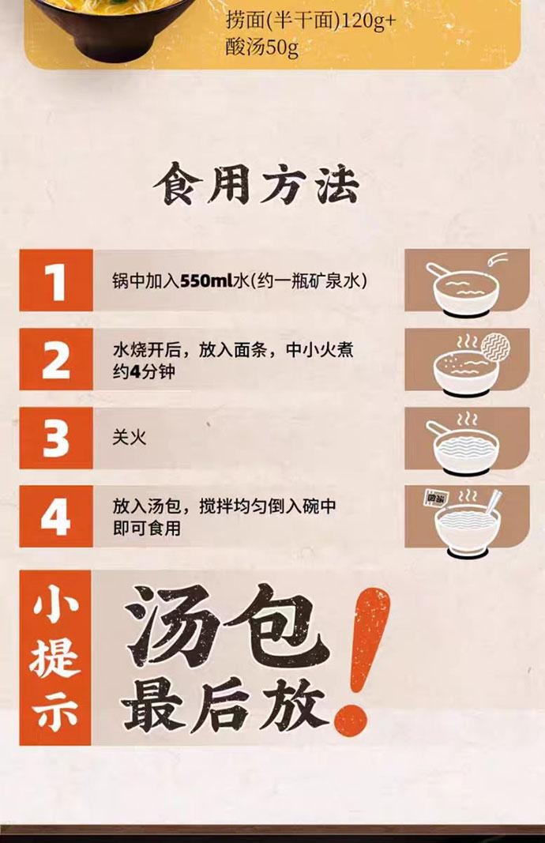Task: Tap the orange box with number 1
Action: [x=56, y=280]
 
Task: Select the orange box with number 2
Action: [x=56, y=359]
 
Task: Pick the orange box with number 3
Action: [x=56, y=438]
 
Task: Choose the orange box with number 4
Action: [x=56, y=516]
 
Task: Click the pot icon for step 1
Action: [x=467, y=281]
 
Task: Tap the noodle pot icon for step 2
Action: [x=467, y=360]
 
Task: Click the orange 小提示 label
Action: [x=55, y=658]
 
